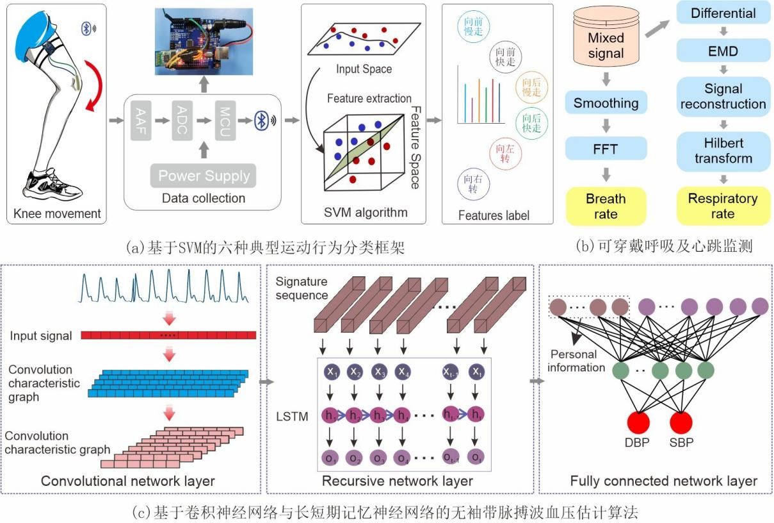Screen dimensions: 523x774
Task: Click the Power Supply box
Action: tap(204, 174)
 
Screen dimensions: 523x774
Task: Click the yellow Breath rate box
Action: tap(606, 206)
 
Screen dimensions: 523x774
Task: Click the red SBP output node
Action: tap(680, 423)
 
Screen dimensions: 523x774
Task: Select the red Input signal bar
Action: tap(168, 335)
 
